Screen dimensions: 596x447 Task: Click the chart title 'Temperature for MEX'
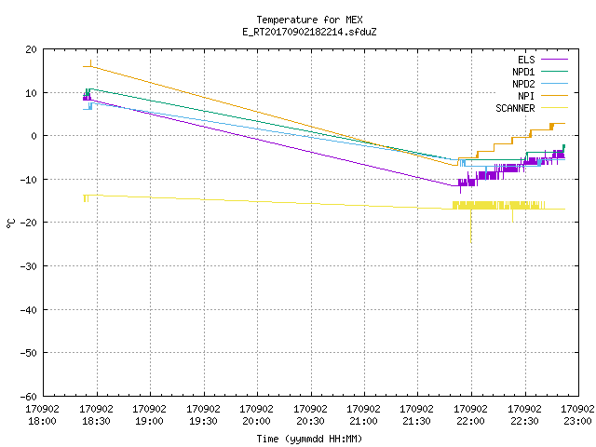click(x=309, y=20)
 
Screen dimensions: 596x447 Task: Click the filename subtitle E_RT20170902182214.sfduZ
click(x=309, y=32)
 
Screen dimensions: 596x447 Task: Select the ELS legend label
click(x=526, y=60)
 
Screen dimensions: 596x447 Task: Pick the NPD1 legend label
click(x=523, y=72)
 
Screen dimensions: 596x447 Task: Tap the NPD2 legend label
click(x=523, y=84)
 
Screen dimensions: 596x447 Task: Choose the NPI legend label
click(x=526, y=96)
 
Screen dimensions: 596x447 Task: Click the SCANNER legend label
click(x=515, y=108)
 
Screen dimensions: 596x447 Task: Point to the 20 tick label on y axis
click(x=31, y=49)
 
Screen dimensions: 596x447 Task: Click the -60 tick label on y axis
click(x=28, y=397)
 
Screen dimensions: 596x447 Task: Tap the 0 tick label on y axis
click(x=34, y=136)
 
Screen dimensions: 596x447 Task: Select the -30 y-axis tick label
click(x=28, y=266)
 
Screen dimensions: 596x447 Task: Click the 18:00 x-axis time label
click(x=42, y=421)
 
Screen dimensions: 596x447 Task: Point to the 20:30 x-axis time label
click(x=310, y=421)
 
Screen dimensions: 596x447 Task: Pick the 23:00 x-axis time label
click(x=577, y=421)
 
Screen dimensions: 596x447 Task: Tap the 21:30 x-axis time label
click(x=416, y=421)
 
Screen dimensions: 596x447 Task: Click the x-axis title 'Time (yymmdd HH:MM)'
click(x=309, y=439)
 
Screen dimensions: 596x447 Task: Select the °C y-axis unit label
click(x=10, y=223)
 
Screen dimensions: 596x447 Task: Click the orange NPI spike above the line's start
click(x=90, y=63)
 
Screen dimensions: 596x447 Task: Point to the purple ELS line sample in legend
click(x=554, y=60)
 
